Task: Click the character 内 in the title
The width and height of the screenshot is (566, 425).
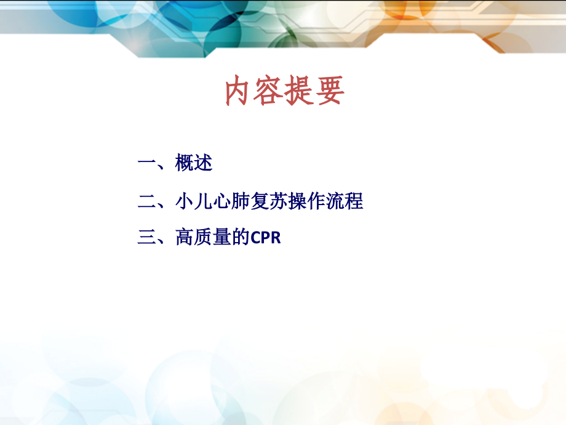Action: click(239, 92)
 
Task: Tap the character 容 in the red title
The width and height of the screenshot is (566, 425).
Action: click(269, 92)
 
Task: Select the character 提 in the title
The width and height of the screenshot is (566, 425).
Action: click(299, 92)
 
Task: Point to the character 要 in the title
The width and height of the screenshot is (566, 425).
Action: click(329, 92)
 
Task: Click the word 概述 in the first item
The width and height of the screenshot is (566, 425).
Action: click(194, 163)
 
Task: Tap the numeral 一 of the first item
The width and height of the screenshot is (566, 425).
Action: click(147, 163)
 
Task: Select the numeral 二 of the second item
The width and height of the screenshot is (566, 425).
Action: click(147, 201)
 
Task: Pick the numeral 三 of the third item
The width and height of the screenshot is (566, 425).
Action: click(147, 238)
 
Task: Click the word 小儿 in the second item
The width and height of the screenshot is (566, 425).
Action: click(194, 201)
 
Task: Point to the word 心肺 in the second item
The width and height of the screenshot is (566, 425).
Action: click(231, 201)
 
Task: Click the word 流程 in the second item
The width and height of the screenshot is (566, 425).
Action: click(345, 201)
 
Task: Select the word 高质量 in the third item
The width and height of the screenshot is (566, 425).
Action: click(203, 238)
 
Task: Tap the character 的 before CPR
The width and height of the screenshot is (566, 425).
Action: click(241, 238)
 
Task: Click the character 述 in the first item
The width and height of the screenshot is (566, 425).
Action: click(203, 163)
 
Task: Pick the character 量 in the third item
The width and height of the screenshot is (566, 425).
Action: click(222, 238)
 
